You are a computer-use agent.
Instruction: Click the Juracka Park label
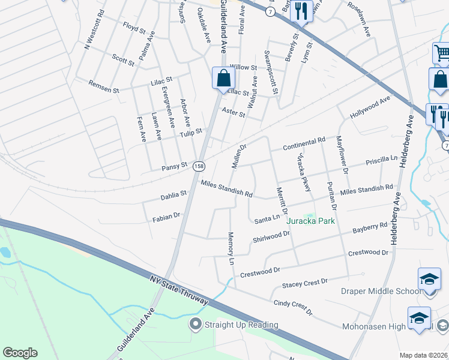(310, 221)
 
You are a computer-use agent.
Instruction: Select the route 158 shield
(199, 165)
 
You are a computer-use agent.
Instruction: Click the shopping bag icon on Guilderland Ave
(223, 78)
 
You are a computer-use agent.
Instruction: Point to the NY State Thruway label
(178, 289)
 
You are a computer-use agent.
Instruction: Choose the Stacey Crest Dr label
(305, 281)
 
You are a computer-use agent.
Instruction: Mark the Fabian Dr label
(167, 216)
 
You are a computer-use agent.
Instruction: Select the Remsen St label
(104, 86)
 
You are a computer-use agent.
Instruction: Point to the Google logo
(20, 353)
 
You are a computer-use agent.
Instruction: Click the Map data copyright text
(423, 355)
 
